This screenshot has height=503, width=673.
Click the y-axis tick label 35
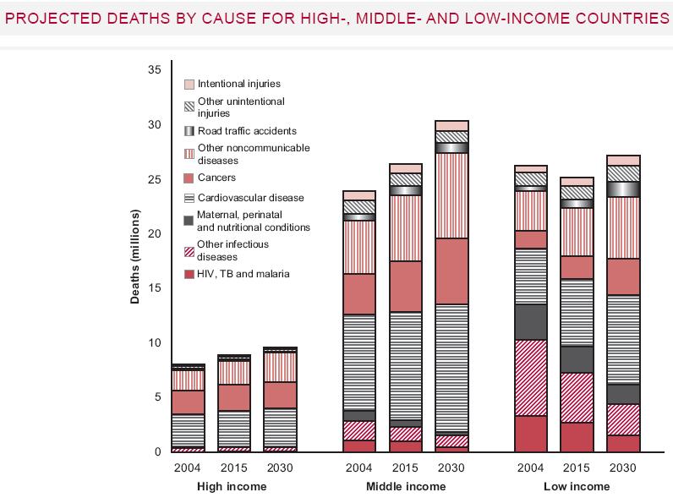click(x=154, y=70)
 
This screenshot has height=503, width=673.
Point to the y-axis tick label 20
click(x=154, y=233)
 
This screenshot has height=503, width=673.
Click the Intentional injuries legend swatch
click(x=189, y=85)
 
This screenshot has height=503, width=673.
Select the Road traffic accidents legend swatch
click(x=189, y=131)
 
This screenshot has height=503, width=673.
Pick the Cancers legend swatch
click(x=189, y=178)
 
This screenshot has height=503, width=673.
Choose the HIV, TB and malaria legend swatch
click(x=189, y=274)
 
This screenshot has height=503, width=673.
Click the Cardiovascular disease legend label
click(x=250, y=198)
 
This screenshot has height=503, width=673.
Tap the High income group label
click(x=232, y=487)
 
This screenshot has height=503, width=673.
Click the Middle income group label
click(x=405, y=487)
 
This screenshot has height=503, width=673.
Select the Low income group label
click(x=577, y=487)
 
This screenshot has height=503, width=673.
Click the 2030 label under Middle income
click(x=451, y=467)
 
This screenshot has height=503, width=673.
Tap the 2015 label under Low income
click(x=577, y=467)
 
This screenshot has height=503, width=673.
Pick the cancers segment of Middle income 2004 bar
click(x=359, y=294)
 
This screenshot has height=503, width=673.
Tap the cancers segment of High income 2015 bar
click(x=233, y=397)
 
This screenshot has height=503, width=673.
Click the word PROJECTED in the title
click(x=52, y=18)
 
